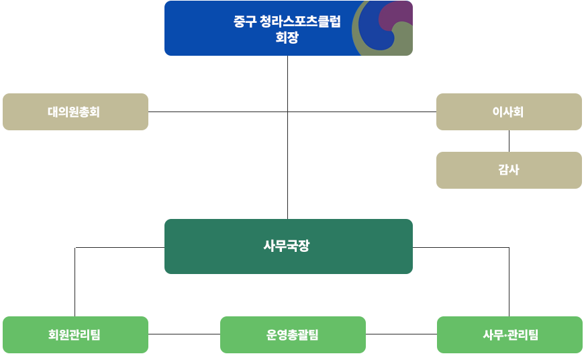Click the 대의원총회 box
(75, 111)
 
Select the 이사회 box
(509, 111)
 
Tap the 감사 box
(509, 170)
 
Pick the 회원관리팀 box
(75, 334)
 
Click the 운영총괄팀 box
(293, 334)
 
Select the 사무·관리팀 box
(509, 334)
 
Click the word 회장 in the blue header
(287, 38)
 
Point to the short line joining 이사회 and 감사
(509, 141)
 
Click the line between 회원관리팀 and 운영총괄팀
(184, 334)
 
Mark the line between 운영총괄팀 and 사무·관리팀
(401, 334)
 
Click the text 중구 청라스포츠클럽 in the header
(287, 22)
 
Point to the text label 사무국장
(287, 246)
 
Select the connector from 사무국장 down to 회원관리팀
(75, 282)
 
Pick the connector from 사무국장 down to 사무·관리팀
(509, 282)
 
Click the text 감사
(509, 170)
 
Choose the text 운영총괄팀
(293, 334)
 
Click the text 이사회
(508, 112)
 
